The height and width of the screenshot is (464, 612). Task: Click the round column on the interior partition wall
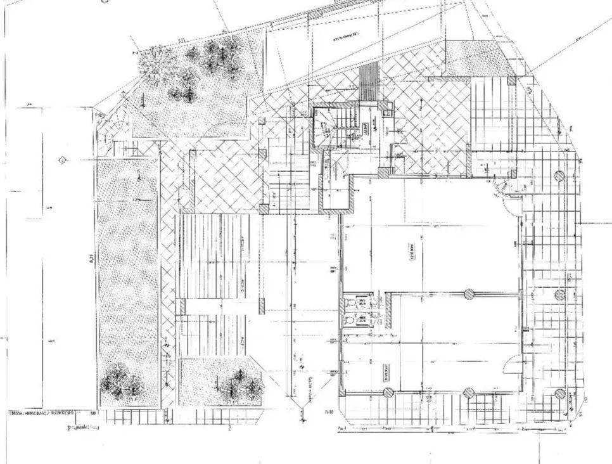tap(469, 293)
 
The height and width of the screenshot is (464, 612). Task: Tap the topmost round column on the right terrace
tap(559, 176)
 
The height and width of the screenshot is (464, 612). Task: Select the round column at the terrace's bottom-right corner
tap(559, 394)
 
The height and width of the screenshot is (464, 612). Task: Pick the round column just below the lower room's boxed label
tap(387, 393)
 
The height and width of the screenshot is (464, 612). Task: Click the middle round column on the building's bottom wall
tap(469, 393)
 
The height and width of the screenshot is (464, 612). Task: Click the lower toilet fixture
tap(349, 321)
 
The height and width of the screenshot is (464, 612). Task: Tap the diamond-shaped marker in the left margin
tap(61, 160)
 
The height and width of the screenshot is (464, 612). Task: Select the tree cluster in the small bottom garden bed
tap(241, 383)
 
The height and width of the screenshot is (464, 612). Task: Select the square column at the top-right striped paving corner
tap(511, 81)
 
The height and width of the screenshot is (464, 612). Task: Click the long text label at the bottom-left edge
tap(41, 413)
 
